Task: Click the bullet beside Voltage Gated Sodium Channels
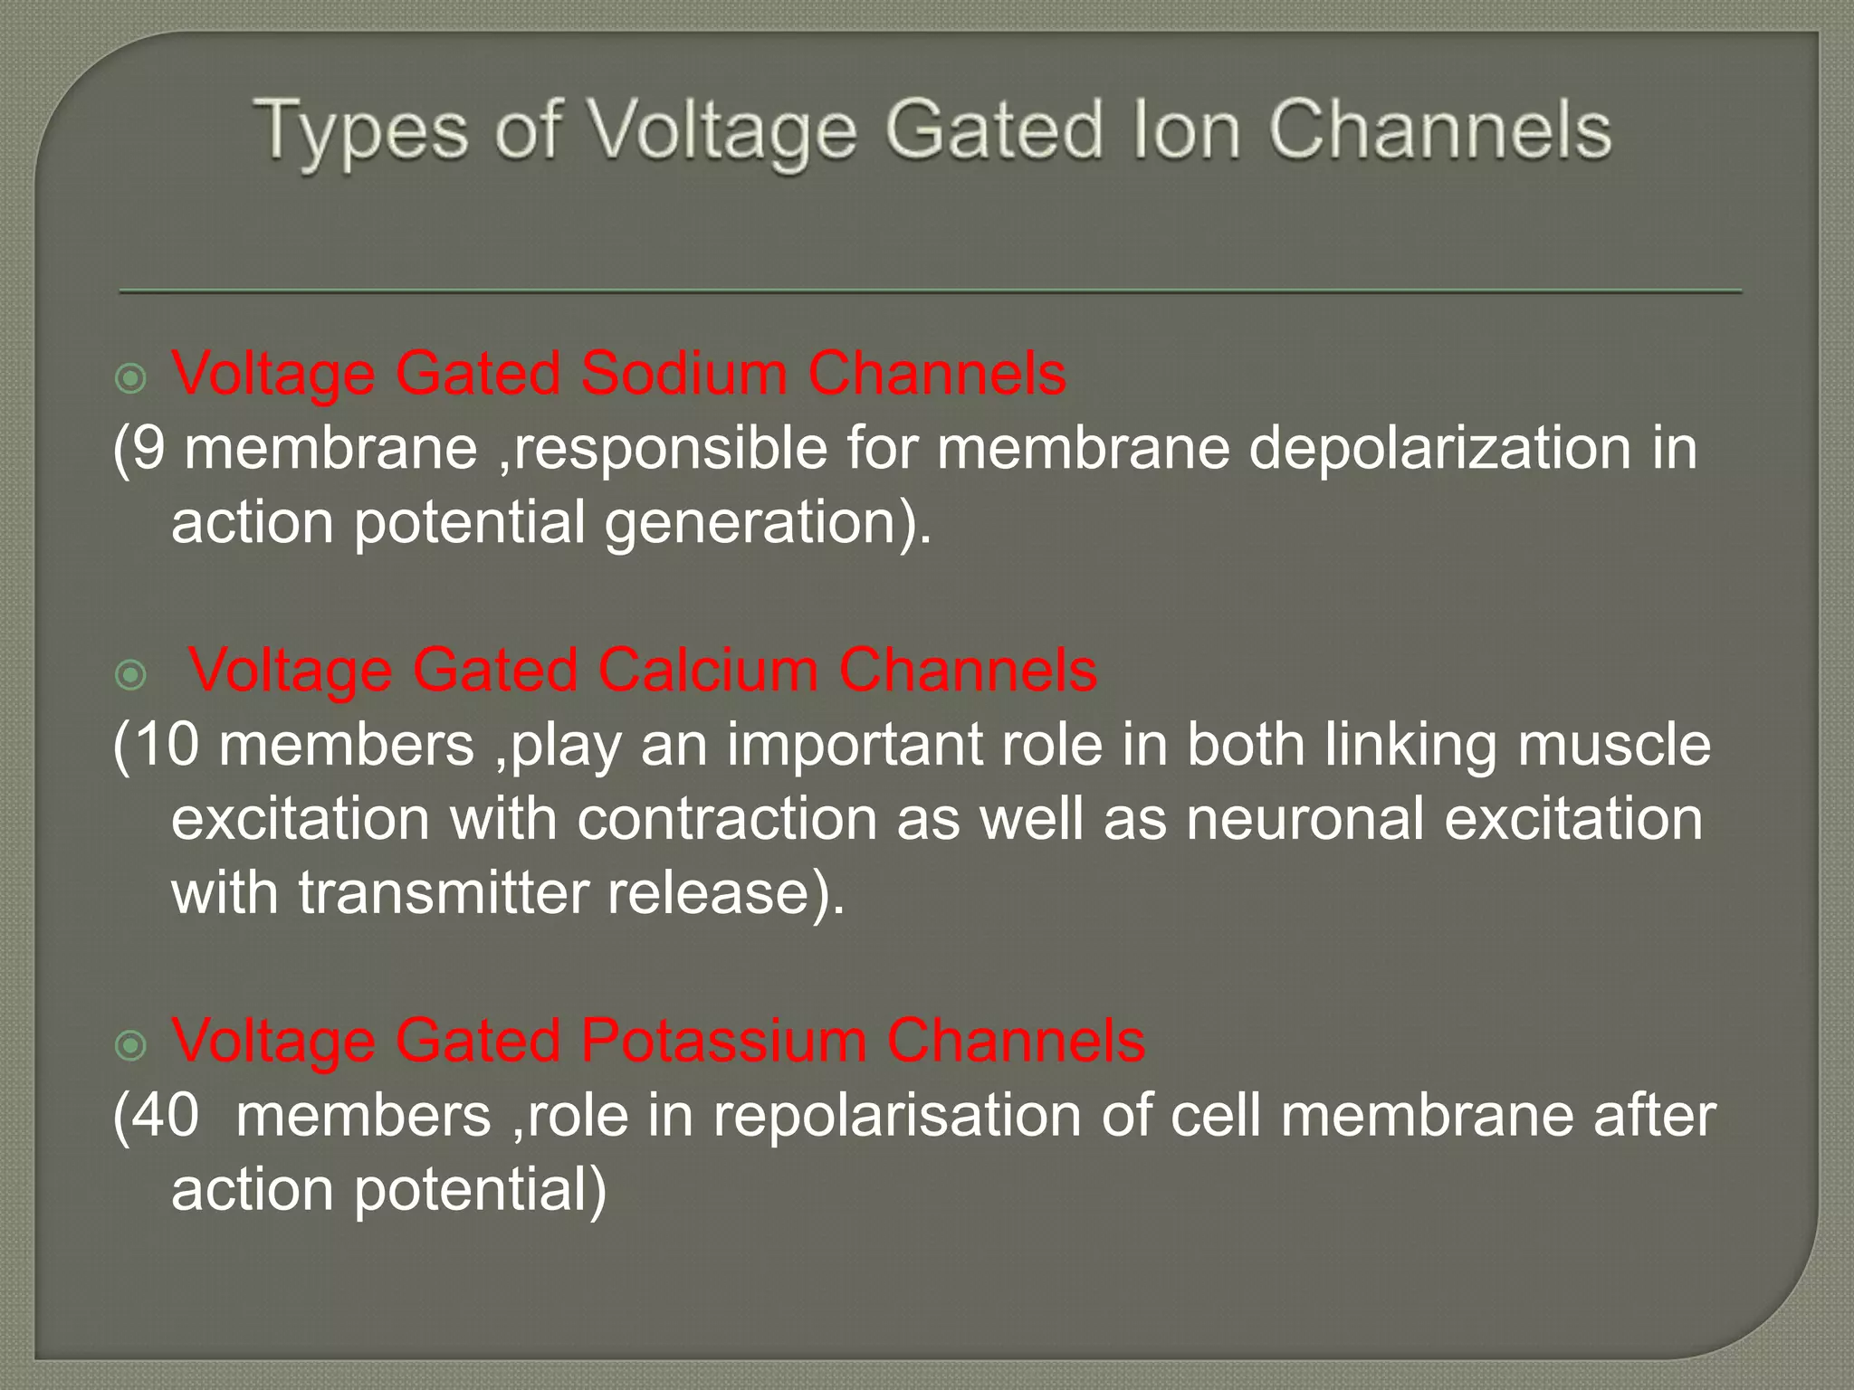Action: tap(132, 378)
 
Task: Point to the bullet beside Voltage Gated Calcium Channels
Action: tap(132, 675)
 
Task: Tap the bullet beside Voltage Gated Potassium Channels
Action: tap(132, 1046)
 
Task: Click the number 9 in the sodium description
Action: tap(148, 448)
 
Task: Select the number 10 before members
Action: tap(167, 745)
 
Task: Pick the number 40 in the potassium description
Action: tap(166, 1115)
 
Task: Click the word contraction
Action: tap(727, 819)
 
